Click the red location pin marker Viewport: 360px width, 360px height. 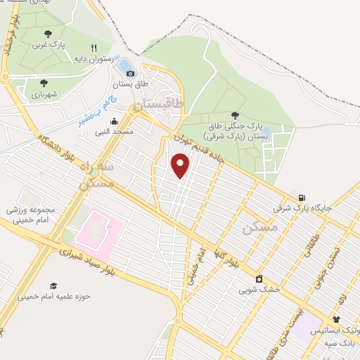coord(181,166)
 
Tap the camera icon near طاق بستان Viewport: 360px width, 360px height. coord(130,73)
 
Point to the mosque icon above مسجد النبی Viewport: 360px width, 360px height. coord(115,121)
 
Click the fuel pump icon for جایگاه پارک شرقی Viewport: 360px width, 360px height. coord(302,198)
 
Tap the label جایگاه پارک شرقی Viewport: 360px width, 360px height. coord(302,209)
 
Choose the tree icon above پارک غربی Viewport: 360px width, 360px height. coord(48,33)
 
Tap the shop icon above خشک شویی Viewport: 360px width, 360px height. coord(259,278)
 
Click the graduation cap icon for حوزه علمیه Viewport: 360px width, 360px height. coord(53,285)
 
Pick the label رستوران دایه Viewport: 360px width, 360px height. coord(96,59)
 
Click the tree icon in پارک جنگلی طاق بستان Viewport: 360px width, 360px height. coord(234,116)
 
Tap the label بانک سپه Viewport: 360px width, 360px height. coord(338,342)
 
